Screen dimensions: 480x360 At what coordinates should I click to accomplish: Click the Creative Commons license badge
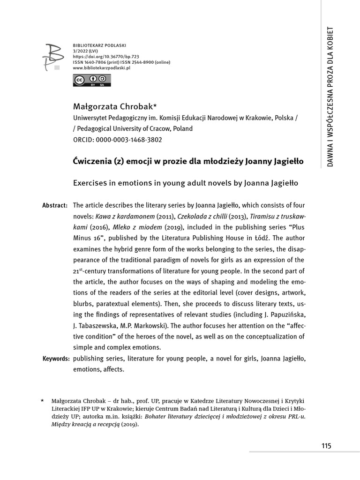pyautogui.click(x=85, y=81)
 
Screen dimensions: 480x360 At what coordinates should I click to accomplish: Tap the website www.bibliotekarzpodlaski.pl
pyautogui.click(x=101, y=68)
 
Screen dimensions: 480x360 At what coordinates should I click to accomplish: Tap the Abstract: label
pyautogui.click(x=55, y=206)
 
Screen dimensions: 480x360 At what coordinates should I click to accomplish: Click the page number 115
pyautogui.click(x=326, y=446)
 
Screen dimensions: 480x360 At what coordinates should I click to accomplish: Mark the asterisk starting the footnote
pyautogui.click(x=43, y=402)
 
